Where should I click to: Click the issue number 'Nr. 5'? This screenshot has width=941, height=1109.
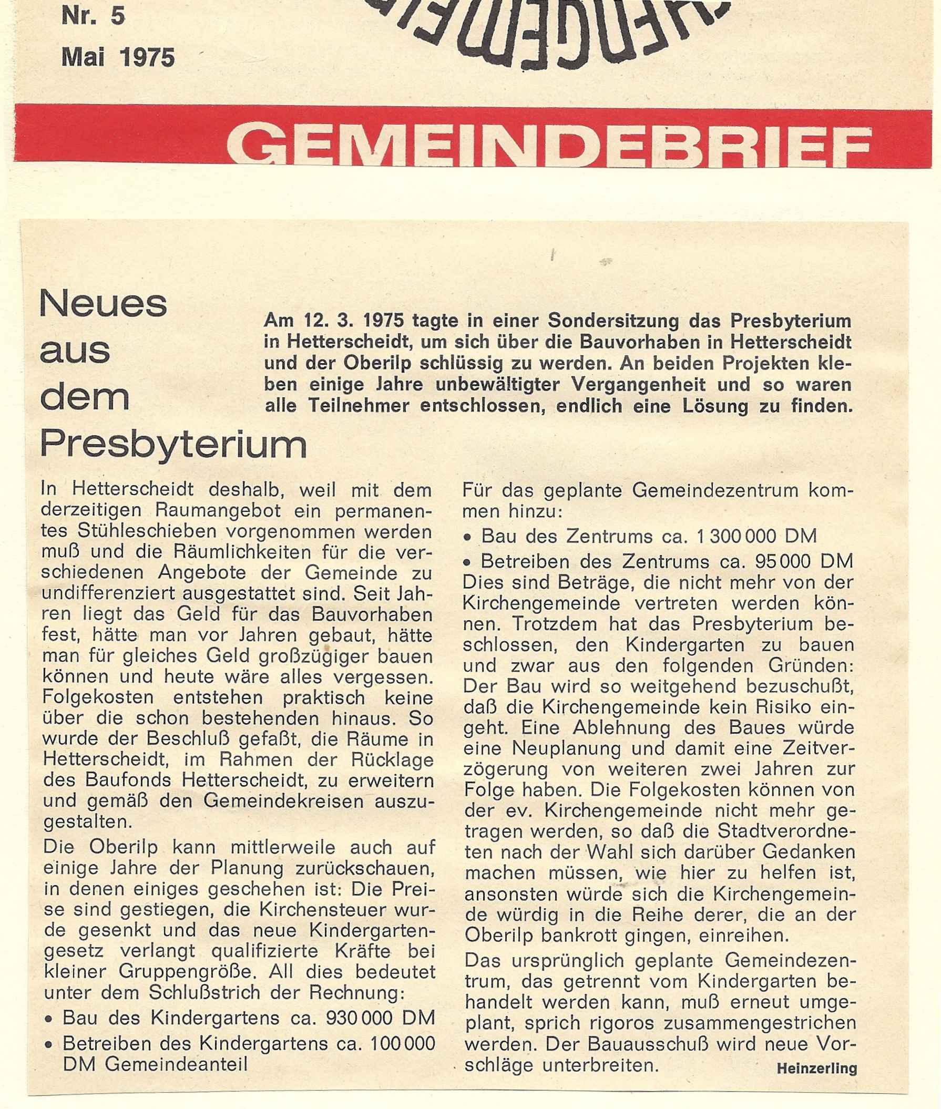[x=94, y=17]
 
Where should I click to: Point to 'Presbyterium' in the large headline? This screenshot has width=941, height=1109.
[x=174, y=445]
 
